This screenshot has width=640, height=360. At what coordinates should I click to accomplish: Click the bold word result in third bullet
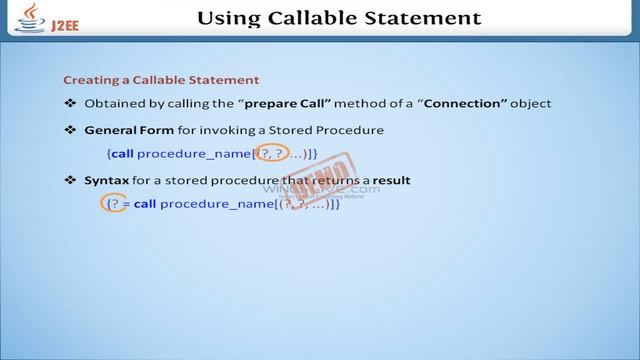point(387,180)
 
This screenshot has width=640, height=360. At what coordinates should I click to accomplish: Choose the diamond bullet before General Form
point(70,131)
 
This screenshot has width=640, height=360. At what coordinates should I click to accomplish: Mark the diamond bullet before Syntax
point(70,180)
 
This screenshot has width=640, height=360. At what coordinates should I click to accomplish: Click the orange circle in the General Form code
point(267,153)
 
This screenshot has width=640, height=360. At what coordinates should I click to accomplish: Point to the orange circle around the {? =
point(117,203)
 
